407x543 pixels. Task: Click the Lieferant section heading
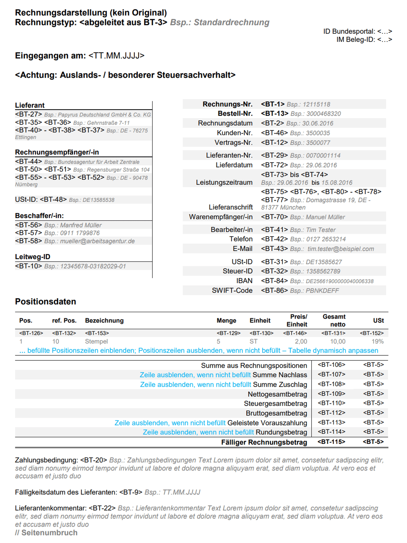(x=30, y=105)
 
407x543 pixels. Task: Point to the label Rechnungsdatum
(x=225, y=123)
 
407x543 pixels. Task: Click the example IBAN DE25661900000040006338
(x=339, y=281)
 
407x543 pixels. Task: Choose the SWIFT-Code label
(x=232, y=290)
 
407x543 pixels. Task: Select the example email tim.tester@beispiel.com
(x=340, y=249)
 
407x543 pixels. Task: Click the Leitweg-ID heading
(x=33, y=257)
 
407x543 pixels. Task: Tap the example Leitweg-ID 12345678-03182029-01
(x=93, y=266)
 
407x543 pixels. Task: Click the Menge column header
(x=226, y=321)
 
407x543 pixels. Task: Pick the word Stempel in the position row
(x=96, y=341)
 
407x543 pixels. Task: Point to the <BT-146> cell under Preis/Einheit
(x=295, y=333)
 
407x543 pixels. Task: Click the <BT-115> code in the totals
(x=331, y=442)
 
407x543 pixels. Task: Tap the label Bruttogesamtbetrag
(x=276, y=413)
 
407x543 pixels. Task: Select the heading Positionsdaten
(x=46, y=302)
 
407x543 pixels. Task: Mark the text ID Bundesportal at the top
(x=349, y=31)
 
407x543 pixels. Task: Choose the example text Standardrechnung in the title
(x=231, y=22)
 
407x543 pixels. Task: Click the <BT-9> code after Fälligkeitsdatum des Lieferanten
(x=130, y=492)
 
